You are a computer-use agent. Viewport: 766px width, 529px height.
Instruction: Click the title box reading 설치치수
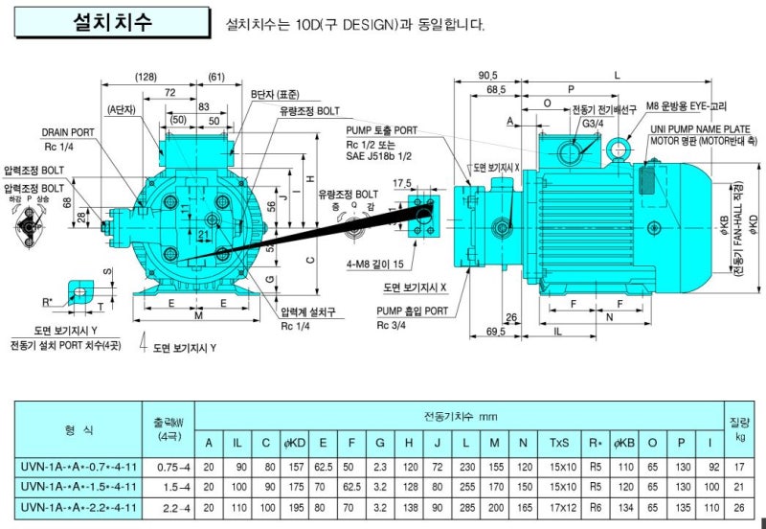(x=113, y=24)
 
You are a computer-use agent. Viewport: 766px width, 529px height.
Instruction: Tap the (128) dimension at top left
(x=145, y=76)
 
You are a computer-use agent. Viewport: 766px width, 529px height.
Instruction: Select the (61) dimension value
(x=215, y=76)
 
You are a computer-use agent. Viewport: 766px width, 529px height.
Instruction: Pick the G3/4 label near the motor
(x=593, y=123)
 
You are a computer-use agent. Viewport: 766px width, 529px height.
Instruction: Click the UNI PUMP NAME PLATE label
(x=700, y=127)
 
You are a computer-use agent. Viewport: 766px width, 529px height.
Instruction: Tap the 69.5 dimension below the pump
(x=495, y=331)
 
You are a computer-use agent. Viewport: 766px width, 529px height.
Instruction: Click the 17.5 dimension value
(x=401, y=183)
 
